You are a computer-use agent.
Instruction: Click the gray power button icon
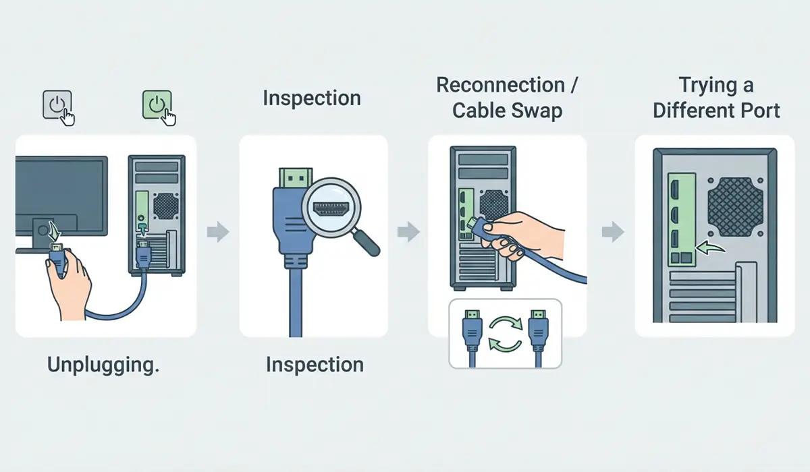click(x=57, y=105)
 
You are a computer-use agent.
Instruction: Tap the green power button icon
click(x=157, y=105)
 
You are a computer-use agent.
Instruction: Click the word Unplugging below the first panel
click(x=103, y=365)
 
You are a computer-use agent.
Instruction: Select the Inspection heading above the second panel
click(x=312, y=98)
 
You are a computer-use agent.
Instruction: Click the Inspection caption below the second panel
click(x=315, y=365)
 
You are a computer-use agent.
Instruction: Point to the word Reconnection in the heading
click(x=500, y=85)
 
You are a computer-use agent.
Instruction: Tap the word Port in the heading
click(x=760, y=111)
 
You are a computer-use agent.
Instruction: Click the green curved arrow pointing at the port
click(x=710, y=248)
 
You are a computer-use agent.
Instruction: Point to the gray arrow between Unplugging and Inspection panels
click(x=218, y=231)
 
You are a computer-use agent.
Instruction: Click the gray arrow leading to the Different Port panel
click(x=613, y=231)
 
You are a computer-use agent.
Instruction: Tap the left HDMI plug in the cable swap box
click(x=473, y=338)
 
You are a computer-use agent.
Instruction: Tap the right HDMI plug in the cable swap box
click(x=539, y=338)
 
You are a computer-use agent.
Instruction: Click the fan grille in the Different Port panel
click(x=736, y=207)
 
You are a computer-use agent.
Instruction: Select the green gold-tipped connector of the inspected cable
click(x=296, y=177)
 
